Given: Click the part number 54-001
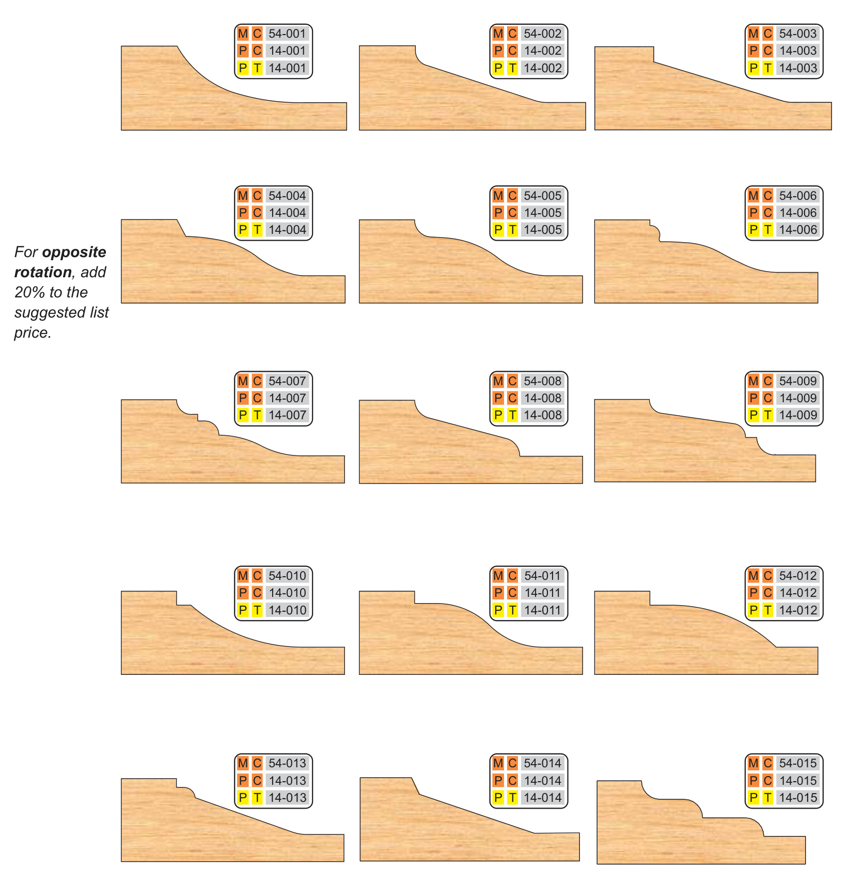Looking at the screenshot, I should (x=287, y=34).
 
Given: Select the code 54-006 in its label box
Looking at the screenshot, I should (x=798, y=196).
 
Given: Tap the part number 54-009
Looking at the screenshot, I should (x=798, y=381).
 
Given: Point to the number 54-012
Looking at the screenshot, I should (x=798, y=576).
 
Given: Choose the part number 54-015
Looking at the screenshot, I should (x=798, y=763).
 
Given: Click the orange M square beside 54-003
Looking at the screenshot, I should (x=753, y=34).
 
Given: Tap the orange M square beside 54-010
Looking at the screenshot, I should (x=243, y=576).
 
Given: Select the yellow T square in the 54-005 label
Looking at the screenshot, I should (x=512, y=230).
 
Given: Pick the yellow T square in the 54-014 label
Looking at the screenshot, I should (x=512, y=798).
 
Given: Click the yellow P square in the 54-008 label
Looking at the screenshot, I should (x=498, y=415).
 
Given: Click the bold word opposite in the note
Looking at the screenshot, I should (x=74, y=252).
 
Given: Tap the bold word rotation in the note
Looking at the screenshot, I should (x=43, y=273).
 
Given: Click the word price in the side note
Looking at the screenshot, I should (x=33, y=333).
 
